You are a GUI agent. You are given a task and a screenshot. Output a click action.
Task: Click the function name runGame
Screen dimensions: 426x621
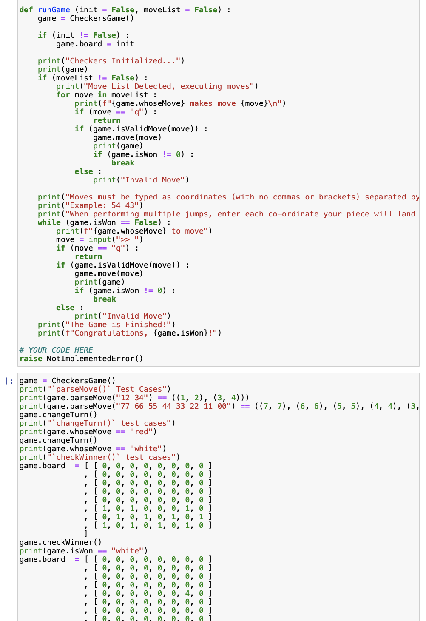click(x=54, y=10)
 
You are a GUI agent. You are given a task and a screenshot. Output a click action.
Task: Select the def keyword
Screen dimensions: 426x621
click(x=26, y=10)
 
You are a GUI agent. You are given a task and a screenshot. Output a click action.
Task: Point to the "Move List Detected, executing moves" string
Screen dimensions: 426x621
click(x=169, y=86)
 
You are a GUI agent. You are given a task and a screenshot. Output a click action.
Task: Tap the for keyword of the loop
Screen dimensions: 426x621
click(x=63, y=95)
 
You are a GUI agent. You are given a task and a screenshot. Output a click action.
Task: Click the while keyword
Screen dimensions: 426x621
click(x=49, y=222)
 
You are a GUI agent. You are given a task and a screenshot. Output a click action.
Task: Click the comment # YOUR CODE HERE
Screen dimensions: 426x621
click(x=56, y=350)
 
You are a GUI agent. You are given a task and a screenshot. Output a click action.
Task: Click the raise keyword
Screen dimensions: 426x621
click(x=31, y=359)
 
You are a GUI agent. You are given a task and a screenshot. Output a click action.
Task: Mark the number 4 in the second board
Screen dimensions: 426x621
click(x=187, y=593)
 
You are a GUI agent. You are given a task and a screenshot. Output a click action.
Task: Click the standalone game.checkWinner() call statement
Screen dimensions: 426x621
click(x=60, y=542)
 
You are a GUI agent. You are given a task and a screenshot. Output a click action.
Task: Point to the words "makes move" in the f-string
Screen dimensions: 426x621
click(x=213, y=103)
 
